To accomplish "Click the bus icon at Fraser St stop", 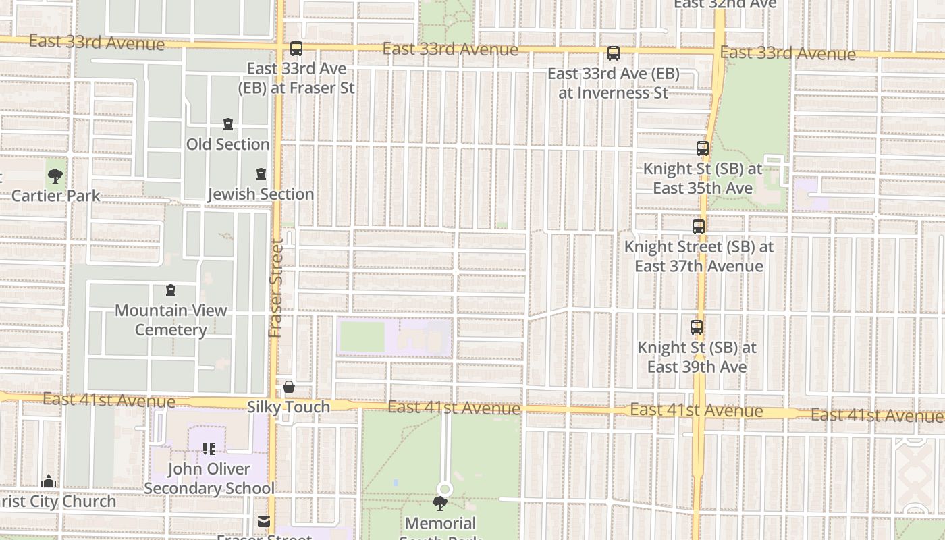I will pyautogui.click(x=296, y=49).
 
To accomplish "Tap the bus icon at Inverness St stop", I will pyautogui.click(x=613, y=53).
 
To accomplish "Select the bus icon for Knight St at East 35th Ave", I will pyautogui.click(x=702, y=148).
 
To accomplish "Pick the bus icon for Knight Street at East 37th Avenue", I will pyautogui.click(x=698, y=227).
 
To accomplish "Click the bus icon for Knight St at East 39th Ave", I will pyautogui.click(x=696, y=327).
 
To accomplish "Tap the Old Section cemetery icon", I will pyautogui.click(x=228, y=125).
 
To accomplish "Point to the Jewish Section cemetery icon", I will pyautogui.click(x=261, y=175).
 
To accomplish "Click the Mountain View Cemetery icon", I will pyautogui.click(x=171, y=291).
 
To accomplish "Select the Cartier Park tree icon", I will pyautogui.click(x=55, y=177).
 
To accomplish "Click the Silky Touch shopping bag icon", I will pyautogui.click(x=289, y=387).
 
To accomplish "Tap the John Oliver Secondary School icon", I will pyautogui.click(x=209, y=449).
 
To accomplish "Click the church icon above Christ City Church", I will pyautogui.click(x=49, y=482).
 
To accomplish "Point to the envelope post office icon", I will pyautogui.click(x=263, y=522).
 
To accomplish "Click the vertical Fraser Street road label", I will pyautogui.click(x=275, y=288).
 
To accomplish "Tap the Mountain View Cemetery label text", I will pyautogui.click(x=171, y=321).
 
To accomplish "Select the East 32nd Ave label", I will pyautogui.click(x=725, y=4).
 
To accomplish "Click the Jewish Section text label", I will pyautogui.click(x=261, y=194).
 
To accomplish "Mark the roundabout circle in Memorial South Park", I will pyautogui.click(x=444, y=489).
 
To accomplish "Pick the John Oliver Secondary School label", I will pyautogui.click(x=209, y=479).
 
